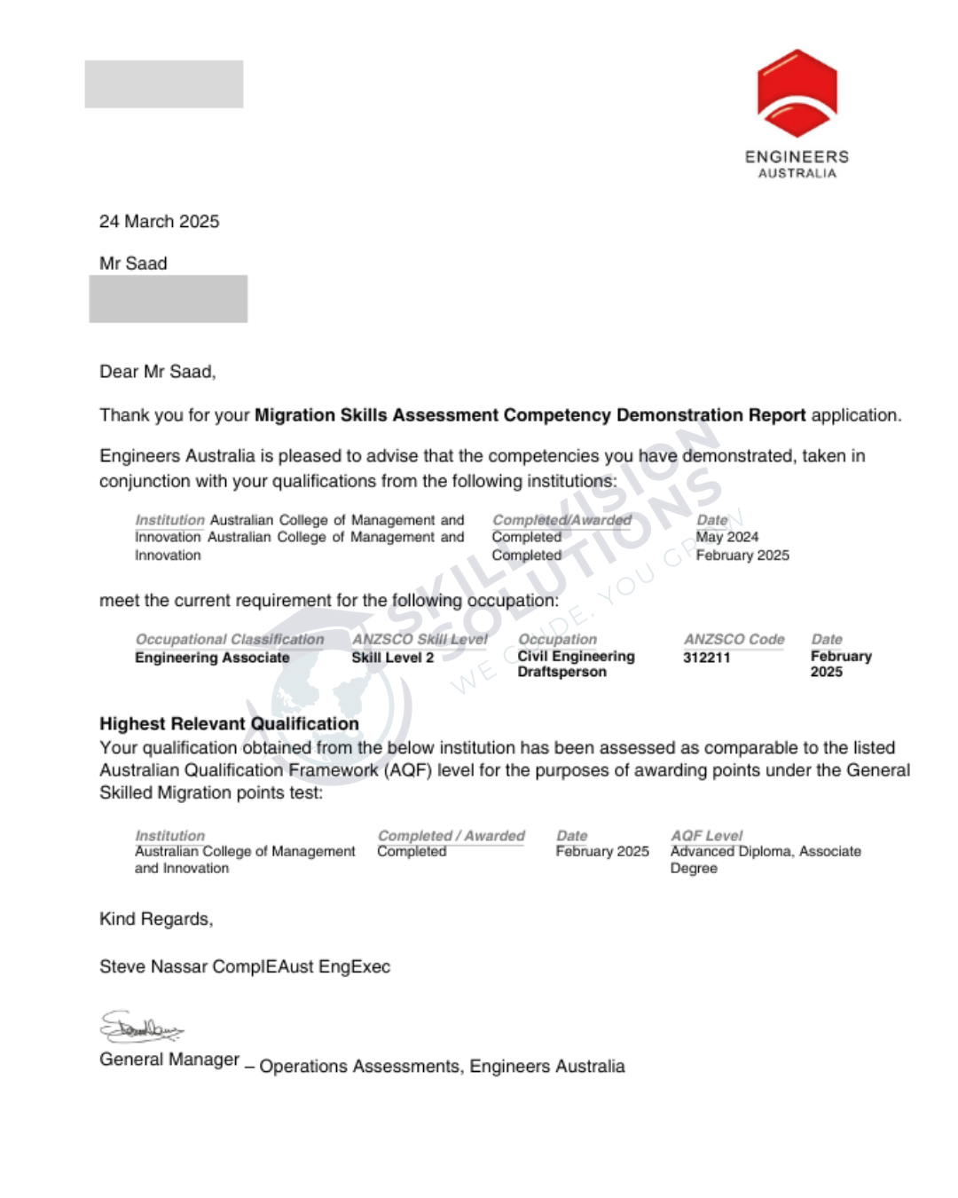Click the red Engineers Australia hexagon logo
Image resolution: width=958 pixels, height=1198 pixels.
(797, 93)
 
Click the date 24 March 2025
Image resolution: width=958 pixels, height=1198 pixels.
(159, 221)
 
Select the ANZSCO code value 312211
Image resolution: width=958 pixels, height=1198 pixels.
(706, 658)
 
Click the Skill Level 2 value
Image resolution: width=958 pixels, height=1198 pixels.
(392, 658)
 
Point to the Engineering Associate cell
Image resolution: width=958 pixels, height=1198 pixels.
(212, 658)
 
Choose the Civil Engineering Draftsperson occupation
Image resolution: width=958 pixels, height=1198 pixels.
(576, 664)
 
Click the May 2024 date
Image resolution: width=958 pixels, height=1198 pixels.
(726, 537)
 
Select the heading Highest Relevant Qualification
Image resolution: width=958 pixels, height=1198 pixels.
(229, 723)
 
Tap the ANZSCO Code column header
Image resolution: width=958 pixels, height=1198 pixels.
(734, 639)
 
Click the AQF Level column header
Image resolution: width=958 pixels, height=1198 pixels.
(706, 835)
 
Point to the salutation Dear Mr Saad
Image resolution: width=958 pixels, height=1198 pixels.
(157, 372)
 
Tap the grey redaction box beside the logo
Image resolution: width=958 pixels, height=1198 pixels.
(163, 84)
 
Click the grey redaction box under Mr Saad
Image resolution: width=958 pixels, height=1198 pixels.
(168, 299)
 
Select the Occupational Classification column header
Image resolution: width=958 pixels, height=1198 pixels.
(230, 639)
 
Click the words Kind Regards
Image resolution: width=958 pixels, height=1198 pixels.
(156, 919)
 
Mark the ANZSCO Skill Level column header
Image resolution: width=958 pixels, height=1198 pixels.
(420, 639)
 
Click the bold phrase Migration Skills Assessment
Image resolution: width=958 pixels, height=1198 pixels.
(377, 415)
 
